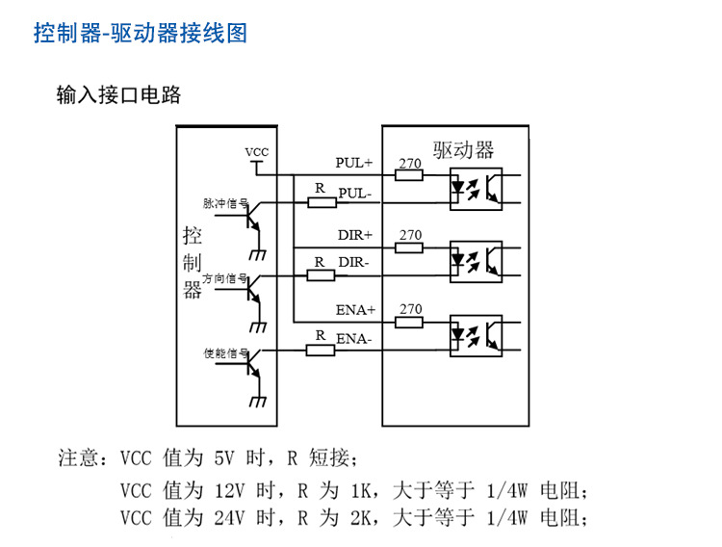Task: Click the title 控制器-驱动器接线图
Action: coord(141,34)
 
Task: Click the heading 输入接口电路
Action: coord(118,95)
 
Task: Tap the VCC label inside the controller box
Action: coord(257,152)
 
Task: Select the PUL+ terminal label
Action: coord(354,163)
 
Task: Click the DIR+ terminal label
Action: coord(355,235)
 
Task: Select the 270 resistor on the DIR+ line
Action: coord(410,247)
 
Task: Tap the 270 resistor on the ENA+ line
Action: coord(410,321)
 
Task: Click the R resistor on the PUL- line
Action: coord(322,202)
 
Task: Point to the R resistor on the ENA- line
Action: coord(321,349)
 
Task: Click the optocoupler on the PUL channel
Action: coord(476,189)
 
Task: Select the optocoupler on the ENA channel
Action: coord(476,334)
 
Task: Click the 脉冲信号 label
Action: coord(226,204)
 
